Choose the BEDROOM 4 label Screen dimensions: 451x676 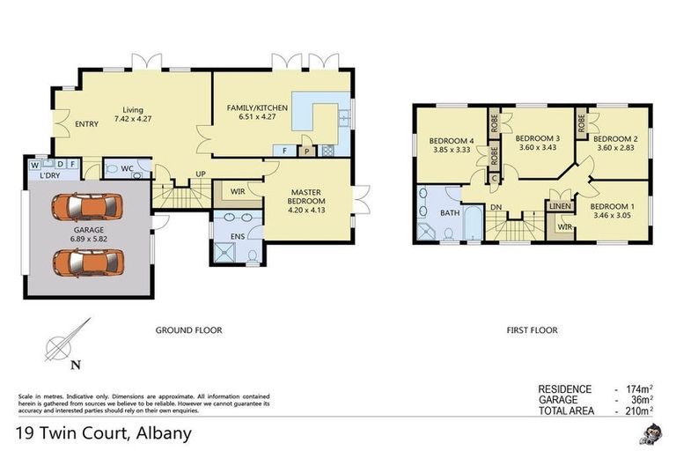tap(452, 141)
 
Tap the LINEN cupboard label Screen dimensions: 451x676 tap(561, 206)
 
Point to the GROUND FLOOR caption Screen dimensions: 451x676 tap(188, 330)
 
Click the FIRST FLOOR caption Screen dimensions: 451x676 tap(532, 330)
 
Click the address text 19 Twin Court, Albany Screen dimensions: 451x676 tap(103, 433)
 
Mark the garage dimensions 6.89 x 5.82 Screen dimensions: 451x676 tap(87, 238)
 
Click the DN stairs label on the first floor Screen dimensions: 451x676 tap(497, 209)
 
